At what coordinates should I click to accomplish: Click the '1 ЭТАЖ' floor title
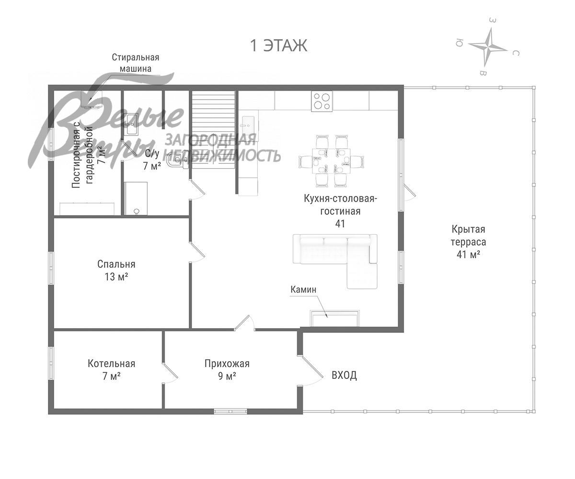pos(278,46)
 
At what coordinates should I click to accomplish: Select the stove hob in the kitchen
pos(322,101)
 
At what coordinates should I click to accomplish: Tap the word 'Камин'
pos(303,290)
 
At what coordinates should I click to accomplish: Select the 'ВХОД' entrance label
pos(344,375)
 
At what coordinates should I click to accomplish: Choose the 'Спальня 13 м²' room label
pos(116,270)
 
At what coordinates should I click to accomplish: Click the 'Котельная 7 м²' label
pos(111,370)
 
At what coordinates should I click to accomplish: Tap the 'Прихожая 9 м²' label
pos(227,370)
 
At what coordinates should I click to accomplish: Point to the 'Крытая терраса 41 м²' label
pos(468,242)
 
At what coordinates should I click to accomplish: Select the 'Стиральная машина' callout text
pos(136,63)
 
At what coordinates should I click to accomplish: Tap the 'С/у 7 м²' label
pos(152,160)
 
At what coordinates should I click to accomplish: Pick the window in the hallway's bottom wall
pos(230,411)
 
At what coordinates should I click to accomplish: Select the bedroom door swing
pos(197,252)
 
